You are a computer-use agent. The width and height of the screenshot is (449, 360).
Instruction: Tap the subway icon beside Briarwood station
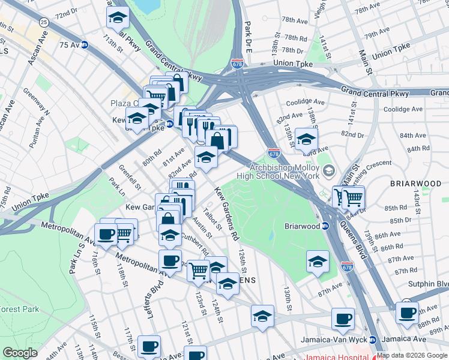(x=325, y=226)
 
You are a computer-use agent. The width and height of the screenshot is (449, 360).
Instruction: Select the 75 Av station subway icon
(x=85, y=44)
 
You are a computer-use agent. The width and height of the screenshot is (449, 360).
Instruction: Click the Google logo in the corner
(x=20, y=353)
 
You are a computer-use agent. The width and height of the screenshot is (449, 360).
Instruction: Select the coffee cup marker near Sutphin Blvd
(x=407, y=313)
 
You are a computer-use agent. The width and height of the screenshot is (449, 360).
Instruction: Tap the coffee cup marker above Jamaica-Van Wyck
(x=343, y=319)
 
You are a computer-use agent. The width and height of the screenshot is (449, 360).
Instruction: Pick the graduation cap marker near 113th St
(x=118, y=17)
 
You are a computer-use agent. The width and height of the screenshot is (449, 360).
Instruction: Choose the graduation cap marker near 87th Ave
(x=318, y=261)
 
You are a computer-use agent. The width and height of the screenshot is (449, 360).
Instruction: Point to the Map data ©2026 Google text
(x=412, y=355)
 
